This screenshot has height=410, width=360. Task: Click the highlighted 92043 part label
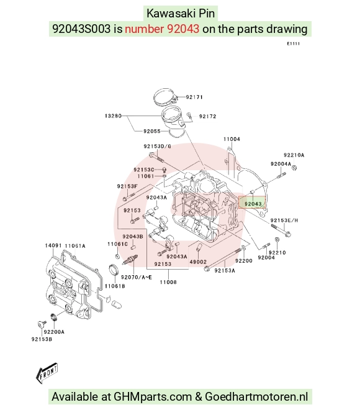pyautogui.click(x=253, y=204)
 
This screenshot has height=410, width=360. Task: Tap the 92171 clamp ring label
pyautogui.click(x=194, y=97)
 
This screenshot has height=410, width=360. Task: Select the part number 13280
pyautogui.click(x=113, y=116)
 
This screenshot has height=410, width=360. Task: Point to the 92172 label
pyautogui.click(x=208, y=116)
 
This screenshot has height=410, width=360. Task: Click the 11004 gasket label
pyautogui.click(x=232, y=139)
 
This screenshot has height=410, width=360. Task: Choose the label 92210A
pyautogui.click(x=294, y=155)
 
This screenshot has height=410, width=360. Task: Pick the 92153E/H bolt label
pyautogui.click(x=284, y=220)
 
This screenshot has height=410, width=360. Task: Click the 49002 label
pyautogui.click(x=198, y=262)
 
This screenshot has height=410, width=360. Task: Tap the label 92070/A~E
pyautogui.click(x=136, y=277)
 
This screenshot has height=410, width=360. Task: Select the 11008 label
pyautogui.click(x=168, y=282)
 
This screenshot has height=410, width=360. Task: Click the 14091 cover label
pyautogui.click(x=53, y=245)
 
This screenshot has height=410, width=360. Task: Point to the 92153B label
pyautogui.click(x=42, y=339)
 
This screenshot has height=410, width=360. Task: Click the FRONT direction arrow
pyautogui.click(x=47, y=373)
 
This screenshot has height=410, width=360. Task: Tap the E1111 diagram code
pyautogui.click(x=294, y=43)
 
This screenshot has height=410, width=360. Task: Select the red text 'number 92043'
pyautogui.click(x=162, y=29)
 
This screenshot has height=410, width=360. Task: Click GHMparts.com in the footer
pyautogui.click(x=153, y=397)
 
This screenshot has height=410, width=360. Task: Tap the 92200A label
pyautogui.click(x=54, y=332)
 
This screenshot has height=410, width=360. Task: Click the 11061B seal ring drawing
pyautogui.click(x=112, y=270)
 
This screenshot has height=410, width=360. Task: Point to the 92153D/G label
pyautogui.click(x=157, y=146)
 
